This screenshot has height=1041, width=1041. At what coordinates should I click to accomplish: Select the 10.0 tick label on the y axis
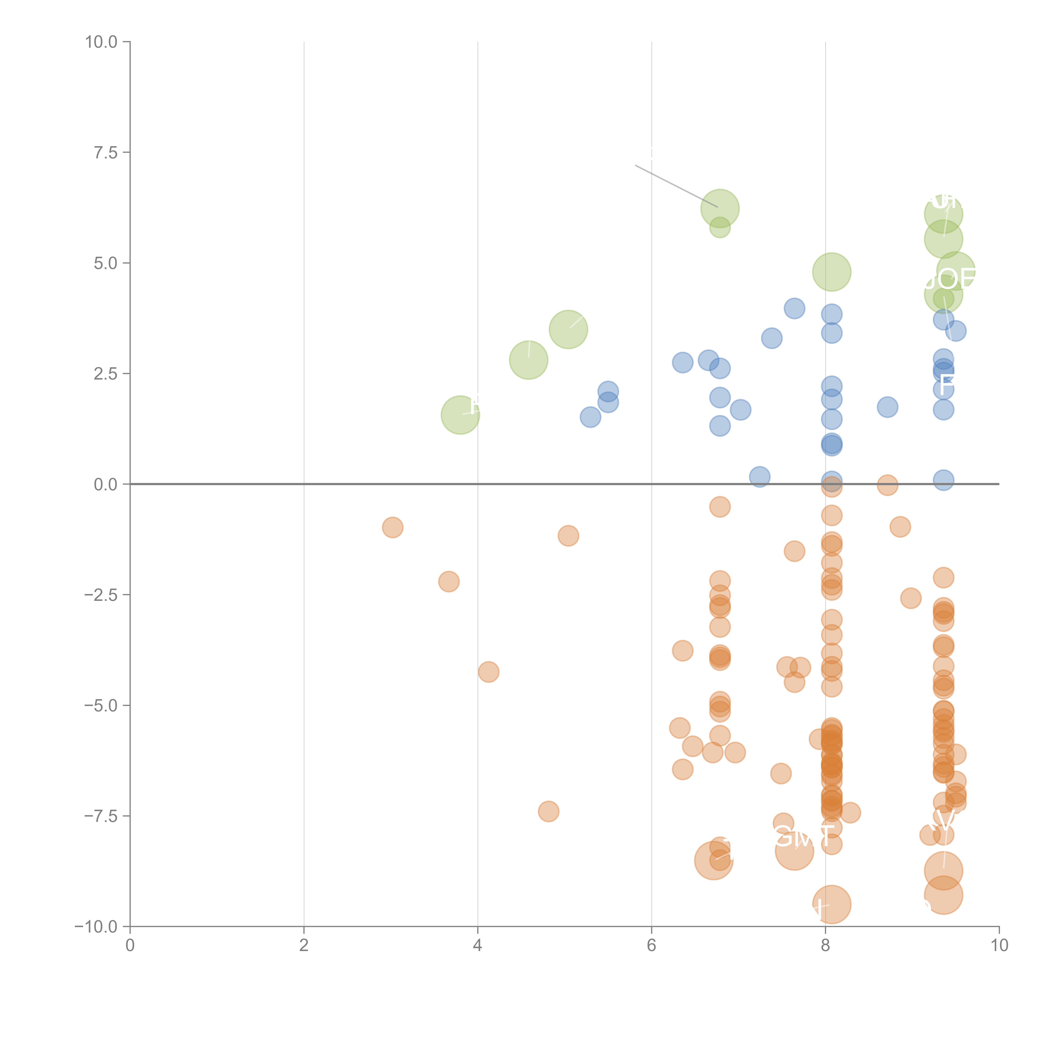coord(101,42)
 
